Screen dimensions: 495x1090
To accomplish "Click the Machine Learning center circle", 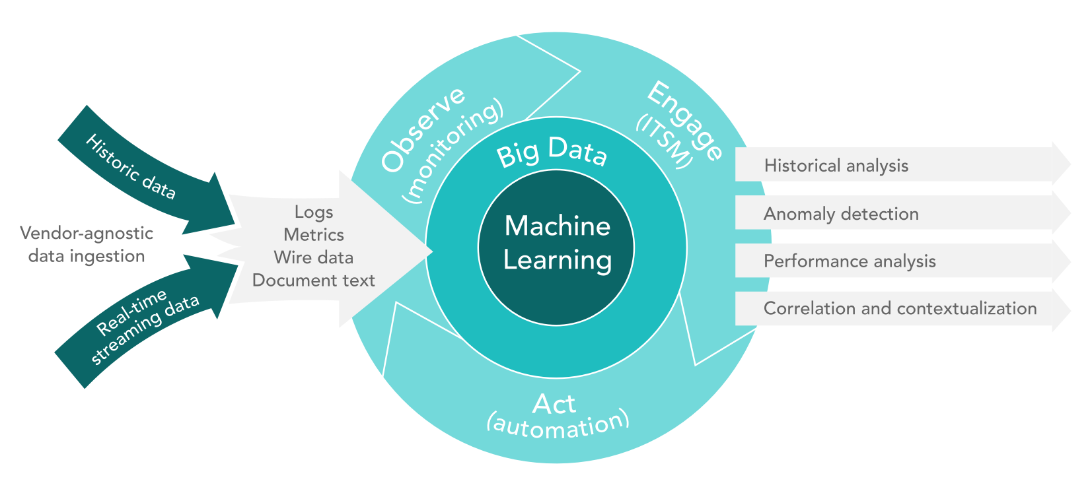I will [x=556, y=244].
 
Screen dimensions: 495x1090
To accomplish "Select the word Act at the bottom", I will [x=554, y=404].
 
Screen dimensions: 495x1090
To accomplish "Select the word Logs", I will [x=314, y=212].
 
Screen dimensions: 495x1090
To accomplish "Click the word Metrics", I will [x=314, y=235].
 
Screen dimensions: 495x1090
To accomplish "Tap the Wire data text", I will [x=314, y=257].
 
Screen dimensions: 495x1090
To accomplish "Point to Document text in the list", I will [x=314, y=280].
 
